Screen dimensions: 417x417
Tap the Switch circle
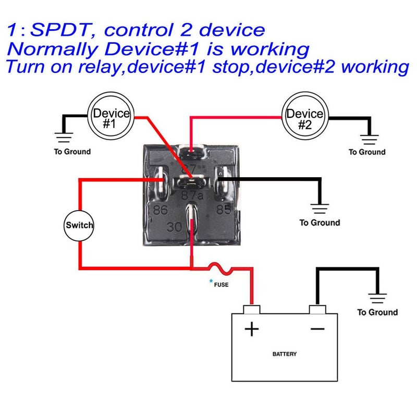pyautogui.click(x=79, y=226)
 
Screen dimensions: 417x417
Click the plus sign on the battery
pyautogui.click(x=252, y=329)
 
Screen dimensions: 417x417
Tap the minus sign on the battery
pyautogui.click(x=317, y=328)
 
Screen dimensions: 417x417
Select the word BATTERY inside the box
pyautogui.click(x=285, y=354)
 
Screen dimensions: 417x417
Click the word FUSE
pyautogui.click(x=221, y=285)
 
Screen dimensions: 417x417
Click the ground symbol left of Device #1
pyautogui.click(x=65, y=137)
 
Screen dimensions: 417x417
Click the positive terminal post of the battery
pyautogui.click(x=252, y=309)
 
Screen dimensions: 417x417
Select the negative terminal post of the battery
pyautogui.click(x=317, y=309)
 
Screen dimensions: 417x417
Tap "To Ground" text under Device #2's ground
pyautogui.click(x=367, y=152)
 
